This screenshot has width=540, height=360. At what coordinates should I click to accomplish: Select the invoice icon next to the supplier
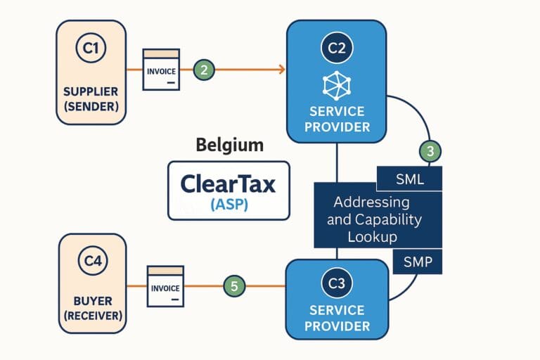[161, 69]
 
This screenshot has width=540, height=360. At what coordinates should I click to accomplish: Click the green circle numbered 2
[203, 69]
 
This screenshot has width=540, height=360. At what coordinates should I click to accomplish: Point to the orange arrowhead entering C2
[281, 69]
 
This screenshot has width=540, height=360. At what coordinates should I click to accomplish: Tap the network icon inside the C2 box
[336, 84]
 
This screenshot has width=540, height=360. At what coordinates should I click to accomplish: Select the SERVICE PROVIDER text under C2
[336, 120]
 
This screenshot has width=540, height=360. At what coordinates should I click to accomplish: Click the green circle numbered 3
[430, 150]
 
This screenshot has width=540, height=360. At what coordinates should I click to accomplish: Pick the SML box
[410, 179]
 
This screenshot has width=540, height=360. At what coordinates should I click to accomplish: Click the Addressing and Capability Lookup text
[378, 219]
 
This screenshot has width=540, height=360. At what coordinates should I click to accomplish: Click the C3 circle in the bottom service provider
[336, 284]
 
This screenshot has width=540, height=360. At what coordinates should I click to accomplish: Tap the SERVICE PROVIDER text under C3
[336, 318]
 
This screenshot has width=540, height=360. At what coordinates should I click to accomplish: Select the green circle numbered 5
[234, 286]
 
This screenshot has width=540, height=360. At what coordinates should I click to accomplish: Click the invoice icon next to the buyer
[165, 286]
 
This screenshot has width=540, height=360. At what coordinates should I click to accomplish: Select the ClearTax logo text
[229, 184]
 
